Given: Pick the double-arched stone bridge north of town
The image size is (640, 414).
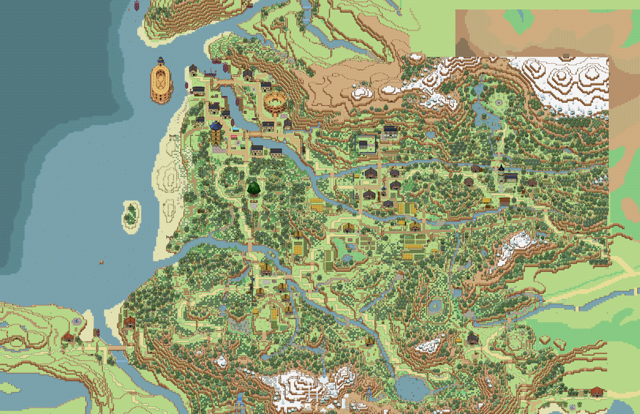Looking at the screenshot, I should point(224,83).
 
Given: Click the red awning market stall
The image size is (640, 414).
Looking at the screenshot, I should point(234,137).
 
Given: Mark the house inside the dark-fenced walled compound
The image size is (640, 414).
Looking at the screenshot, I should point(363,145).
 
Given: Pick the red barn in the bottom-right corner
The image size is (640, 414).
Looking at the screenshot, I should point(597,391).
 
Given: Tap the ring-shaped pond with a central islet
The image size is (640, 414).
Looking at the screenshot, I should point(435,305).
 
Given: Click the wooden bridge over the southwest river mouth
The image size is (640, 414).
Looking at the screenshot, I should point(117,348).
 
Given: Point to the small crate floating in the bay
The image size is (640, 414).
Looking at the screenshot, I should point(102,262).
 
